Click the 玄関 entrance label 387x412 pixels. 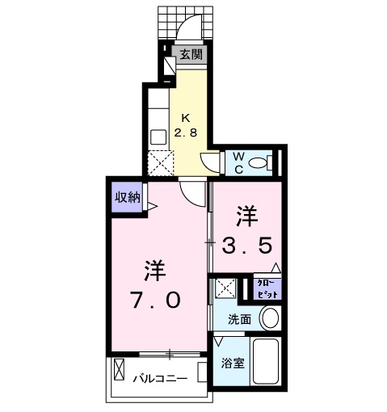pos(191,55)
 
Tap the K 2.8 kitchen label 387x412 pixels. pos(187,123)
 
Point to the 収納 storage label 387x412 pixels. pos(127,196)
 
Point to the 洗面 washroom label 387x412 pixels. pos(238,319)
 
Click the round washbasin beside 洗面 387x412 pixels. pos(271,318)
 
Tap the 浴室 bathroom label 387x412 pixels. pos(232,364)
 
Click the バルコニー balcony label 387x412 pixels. pos(160,378)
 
